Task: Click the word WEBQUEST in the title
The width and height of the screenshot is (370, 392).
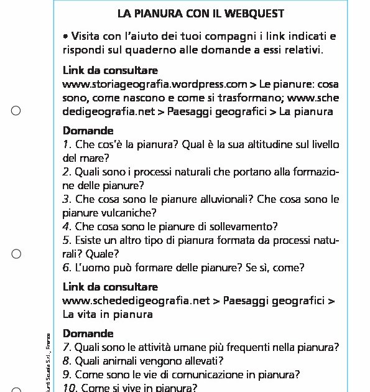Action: pyautogui.click(x=241, y=14)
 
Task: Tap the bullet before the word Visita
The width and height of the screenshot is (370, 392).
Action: pyautogui.click(x=65, y=37)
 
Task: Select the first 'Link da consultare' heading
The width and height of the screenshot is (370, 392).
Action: pyautogui.click(x=110, y=70)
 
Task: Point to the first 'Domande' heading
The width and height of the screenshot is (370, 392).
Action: pyautogui.click(x=88, y=131)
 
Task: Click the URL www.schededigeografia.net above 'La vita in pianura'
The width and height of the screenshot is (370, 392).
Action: pyautogui.click(x=136, y=301)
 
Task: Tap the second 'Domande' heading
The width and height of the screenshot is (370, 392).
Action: pyautogui.click(x=88, y=334)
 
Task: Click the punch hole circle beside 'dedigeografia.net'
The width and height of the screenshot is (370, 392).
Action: pyautogui.click(x=16, y=111)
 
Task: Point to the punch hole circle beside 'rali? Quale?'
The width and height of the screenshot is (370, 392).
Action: pyautogui.click(x=16, y=254)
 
